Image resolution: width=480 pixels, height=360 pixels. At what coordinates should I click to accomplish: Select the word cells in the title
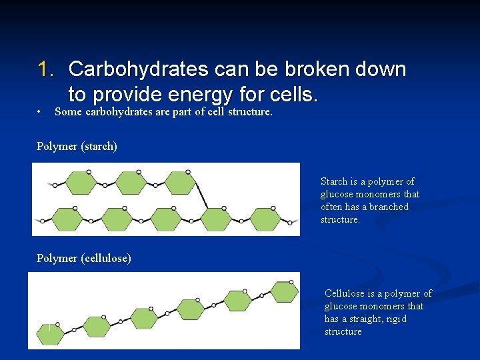289,94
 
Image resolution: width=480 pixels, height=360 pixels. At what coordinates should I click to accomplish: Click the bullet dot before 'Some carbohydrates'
41,111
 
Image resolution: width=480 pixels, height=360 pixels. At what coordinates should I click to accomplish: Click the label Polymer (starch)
77,146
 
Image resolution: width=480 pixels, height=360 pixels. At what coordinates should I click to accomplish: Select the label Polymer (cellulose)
83,258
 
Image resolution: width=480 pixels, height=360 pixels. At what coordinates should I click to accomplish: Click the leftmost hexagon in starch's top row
81,183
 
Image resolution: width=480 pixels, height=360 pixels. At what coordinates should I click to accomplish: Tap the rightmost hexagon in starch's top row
179,183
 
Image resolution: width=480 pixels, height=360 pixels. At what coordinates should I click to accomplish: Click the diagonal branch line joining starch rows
199,194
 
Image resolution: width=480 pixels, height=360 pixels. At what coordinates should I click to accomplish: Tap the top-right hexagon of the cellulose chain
285,292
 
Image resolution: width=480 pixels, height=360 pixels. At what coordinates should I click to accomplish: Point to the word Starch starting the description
334,181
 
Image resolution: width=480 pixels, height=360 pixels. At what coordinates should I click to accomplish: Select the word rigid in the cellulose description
395,319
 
